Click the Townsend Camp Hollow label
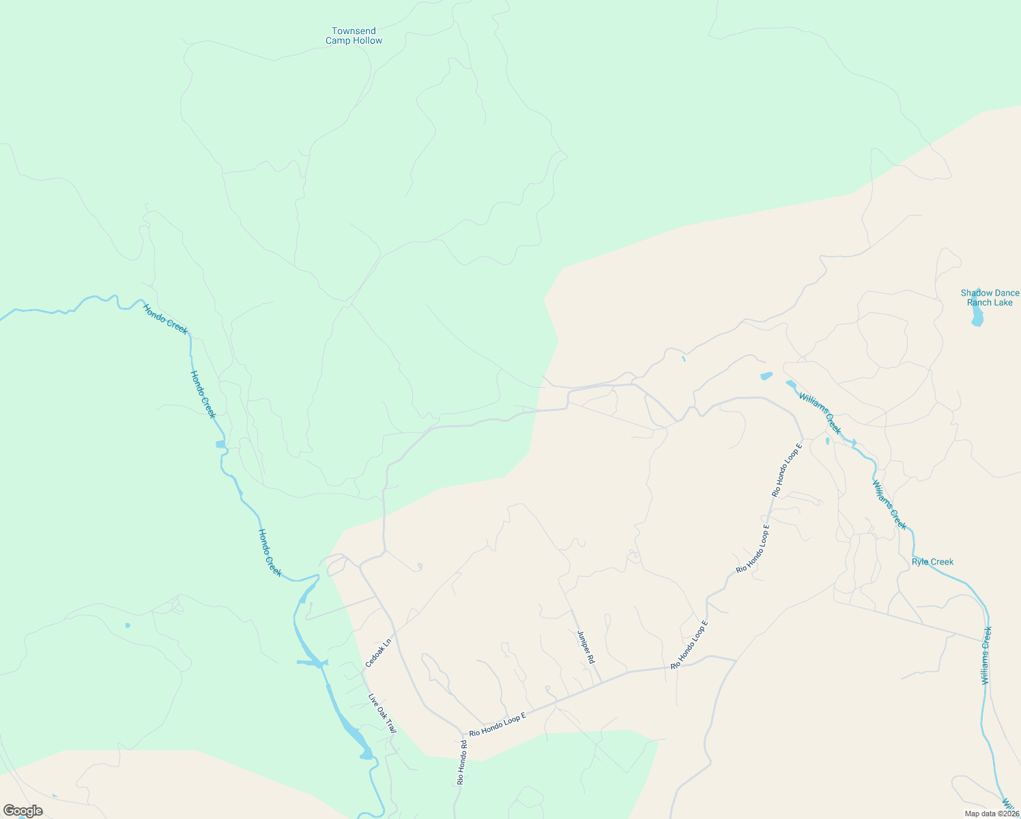tap(354, 35)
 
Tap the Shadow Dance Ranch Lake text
tap(990, 298)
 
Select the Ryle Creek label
tap(932, 562)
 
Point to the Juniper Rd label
tap(586, 647)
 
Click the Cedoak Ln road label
tap(378, 653)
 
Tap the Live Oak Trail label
tap(382, 714)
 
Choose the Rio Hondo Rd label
tap(461, 762)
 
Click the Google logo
tap(23, 811)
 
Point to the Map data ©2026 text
tap(991, 814)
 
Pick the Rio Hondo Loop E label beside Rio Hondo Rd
tap(498, 724)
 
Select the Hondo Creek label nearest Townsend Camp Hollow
tap(165, 318)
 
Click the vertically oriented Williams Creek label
tap(986, 655)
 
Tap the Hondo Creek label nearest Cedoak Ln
tap(270, 552)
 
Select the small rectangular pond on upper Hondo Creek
tap(220, 444)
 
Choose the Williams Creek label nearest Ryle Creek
tap(889, 504)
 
